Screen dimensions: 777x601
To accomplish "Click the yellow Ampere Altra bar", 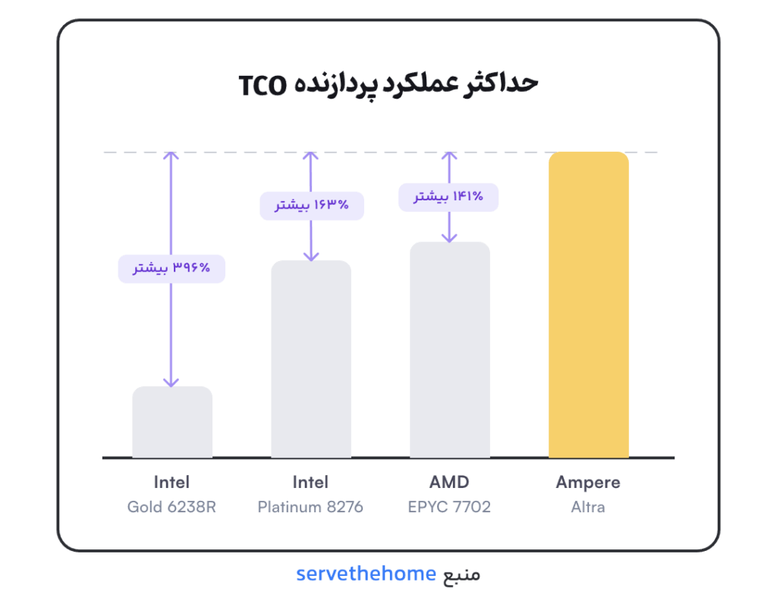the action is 588,305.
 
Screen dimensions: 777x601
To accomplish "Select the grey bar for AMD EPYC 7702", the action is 449,350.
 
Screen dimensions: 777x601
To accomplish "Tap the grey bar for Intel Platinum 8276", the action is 310,359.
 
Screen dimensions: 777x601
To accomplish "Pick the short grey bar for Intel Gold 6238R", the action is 172,422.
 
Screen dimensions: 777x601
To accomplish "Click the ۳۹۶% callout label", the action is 171,269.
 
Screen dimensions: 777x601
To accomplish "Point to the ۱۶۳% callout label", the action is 312,206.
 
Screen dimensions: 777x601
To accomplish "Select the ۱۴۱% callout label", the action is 448,197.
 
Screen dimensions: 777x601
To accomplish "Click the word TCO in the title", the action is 263,86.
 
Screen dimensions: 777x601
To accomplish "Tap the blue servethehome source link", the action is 366,574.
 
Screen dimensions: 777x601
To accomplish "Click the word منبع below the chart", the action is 461,574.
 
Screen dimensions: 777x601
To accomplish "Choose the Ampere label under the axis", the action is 588,482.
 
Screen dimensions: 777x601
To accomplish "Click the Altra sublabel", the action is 588,507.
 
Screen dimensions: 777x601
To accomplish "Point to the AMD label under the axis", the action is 449,482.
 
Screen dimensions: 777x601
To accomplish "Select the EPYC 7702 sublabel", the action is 449,507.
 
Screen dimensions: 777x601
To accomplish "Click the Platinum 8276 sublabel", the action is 310,507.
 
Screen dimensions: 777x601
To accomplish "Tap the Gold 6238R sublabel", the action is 171,507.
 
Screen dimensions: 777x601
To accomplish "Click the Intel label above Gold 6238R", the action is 171,482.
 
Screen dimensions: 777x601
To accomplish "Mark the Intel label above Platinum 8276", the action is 310,482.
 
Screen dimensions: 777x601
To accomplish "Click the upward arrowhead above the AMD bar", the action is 449,156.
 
